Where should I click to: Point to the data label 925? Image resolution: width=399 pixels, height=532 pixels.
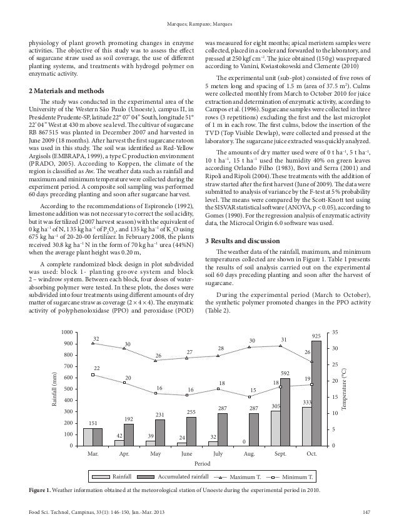[x=316, y=336]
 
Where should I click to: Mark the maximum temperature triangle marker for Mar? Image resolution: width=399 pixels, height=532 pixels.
[x=93, y=343]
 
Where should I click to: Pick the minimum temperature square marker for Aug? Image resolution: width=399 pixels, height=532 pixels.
[x=250, y=396]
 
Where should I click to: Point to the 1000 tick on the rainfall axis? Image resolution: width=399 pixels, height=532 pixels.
[x=67, y=333]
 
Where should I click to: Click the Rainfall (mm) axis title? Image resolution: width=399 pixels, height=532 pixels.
[x=55, y=389]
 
